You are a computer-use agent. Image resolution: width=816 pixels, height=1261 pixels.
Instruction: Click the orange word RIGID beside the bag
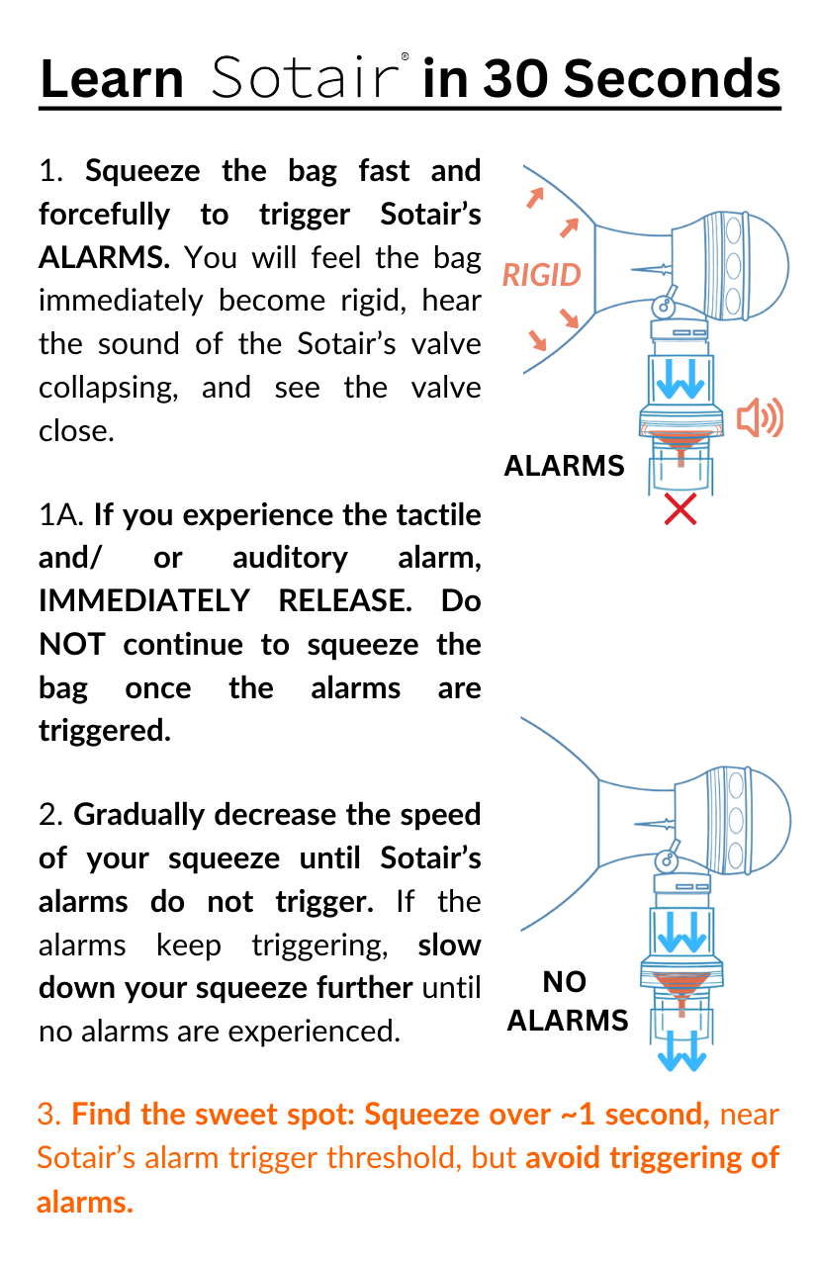[x=541, y=274]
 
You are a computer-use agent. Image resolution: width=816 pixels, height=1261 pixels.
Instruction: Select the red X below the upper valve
[x=680, y=509]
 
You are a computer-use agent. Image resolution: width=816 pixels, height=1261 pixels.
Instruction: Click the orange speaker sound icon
[x=760, y=418]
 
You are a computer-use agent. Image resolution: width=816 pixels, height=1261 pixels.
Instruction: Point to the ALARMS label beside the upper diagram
[x=564, y=466]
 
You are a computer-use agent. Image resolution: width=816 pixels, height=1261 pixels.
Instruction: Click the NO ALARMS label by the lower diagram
[x=567, y=1001]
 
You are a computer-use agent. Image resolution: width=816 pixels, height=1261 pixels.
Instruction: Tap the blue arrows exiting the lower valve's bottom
[x=683, y=1055]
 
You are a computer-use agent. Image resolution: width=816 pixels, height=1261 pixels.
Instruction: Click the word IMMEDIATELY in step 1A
[x=142, y=600]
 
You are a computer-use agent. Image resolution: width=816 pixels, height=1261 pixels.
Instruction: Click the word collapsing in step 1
[x=108, y=388]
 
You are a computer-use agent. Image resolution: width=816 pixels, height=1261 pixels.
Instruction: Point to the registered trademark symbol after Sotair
[x=405, y=57]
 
